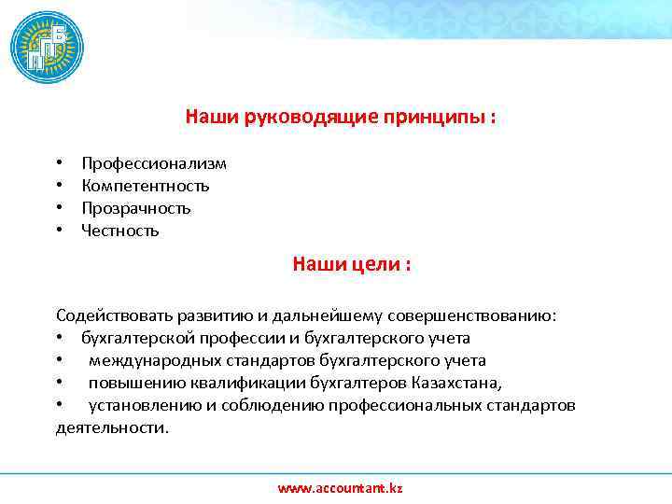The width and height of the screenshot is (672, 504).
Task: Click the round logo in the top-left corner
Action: click(47, 48)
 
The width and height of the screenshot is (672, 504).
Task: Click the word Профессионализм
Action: click(154, 164)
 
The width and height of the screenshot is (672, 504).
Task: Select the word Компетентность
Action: click(145, 186)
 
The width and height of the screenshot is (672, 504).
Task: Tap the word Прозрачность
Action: click(136, 208)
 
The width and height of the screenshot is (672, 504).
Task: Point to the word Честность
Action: click(120, 231)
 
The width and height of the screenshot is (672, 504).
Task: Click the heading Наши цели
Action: click(352, 265)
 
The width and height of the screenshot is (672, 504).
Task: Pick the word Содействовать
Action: click(108, 315)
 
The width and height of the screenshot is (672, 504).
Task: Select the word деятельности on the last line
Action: click(112, 427)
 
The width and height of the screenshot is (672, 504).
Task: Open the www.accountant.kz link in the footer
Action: click(341, 488)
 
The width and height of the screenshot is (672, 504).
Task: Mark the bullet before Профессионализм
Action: click(59, 164)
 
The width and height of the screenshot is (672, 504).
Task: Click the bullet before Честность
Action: click(59, 231)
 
